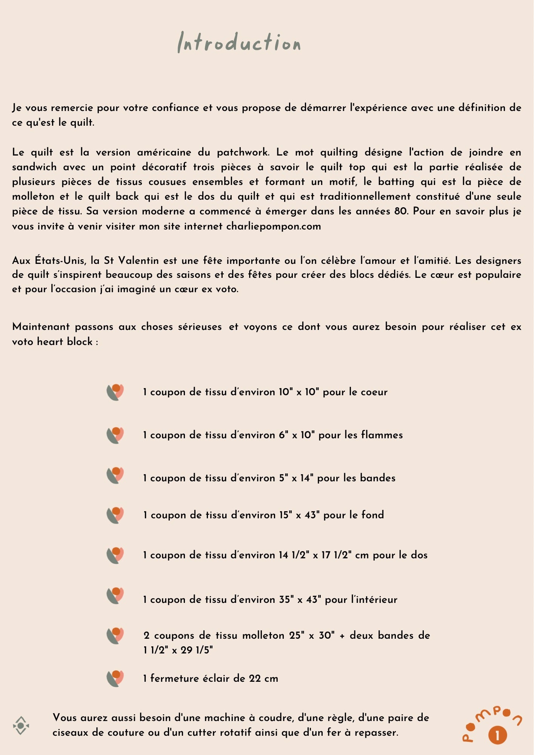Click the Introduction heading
239,42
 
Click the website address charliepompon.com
274,226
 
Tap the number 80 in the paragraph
401,211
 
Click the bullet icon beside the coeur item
115,392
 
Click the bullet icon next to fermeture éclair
115,678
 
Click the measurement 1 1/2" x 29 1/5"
178,650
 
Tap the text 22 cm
263,678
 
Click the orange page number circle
497,735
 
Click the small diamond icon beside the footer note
21,726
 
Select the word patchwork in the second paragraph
243,153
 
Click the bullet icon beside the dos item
115,555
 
